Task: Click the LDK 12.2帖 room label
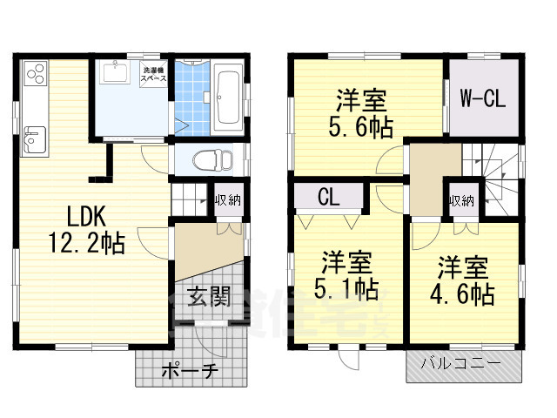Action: point(77,228)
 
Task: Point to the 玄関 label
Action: point(208,297)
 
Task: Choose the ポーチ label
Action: point(190,372)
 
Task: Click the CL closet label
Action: point(328,196)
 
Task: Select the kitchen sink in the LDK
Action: point(34,138)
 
